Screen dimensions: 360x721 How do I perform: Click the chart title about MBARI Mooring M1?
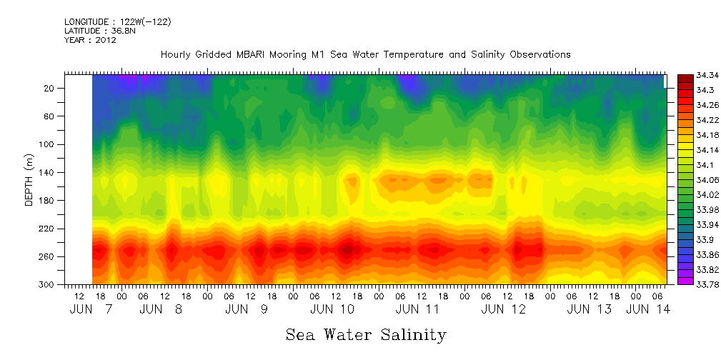coord(365,54)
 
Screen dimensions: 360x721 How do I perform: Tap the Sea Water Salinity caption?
coord(366,334)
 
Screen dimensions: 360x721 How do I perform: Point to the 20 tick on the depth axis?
coord(50,89)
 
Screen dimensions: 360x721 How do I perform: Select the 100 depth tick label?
coord(48,144)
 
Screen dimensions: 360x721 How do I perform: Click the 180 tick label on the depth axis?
coord(48,201)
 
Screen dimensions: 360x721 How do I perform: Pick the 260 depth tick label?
coord(48,256)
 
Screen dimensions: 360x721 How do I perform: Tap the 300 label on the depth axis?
coord(48,284)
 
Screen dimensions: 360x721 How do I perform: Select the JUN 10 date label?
coord(332,309)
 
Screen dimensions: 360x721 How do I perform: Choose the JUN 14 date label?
coord(647,309)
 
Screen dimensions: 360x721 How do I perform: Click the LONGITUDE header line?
coord(117,22)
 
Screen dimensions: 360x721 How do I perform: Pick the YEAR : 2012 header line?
coord(90,40)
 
